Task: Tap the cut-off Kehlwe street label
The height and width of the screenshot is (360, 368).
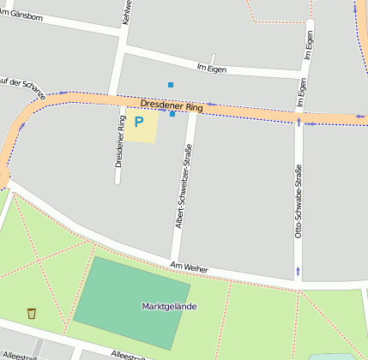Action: coord(128,11)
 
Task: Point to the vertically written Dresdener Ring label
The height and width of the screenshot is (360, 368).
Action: coord(119,148)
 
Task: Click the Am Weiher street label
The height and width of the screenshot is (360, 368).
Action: coord(189,268)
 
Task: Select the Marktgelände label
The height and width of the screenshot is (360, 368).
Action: coord(169,306)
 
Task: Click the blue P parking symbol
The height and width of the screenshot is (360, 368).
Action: coord(138,123)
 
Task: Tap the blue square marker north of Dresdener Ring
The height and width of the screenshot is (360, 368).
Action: coord(171,84)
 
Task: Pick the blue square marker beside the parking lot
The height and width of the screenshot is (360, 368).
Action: coord(172,114)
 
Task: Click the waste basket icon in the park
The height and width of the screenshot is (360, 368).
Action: coord(32,313)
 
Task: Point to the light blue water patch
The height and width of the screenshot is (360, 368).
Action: coord(335,357)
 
